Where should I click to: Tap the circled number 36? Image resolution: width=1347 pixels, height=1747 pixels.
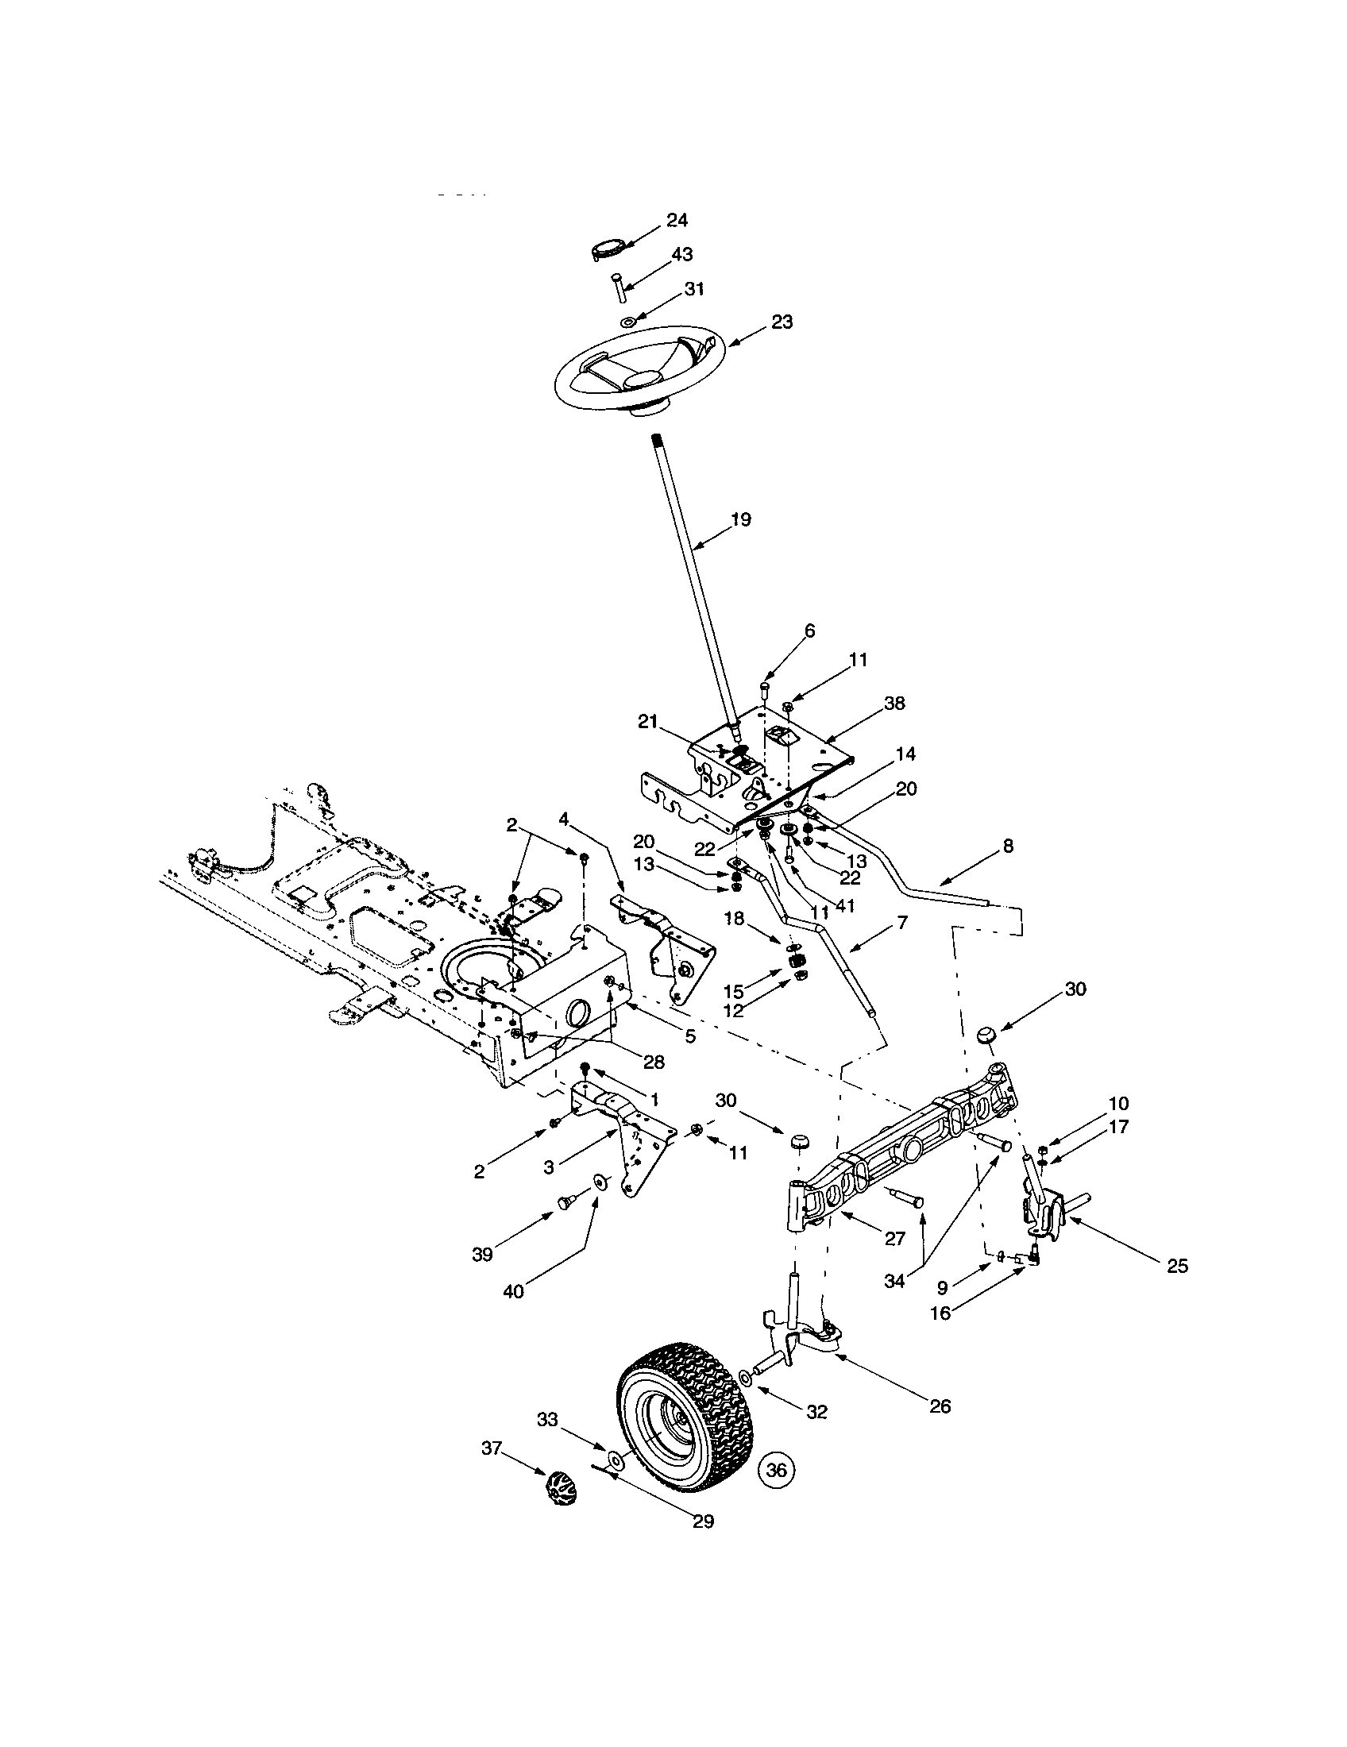click(777, 1469)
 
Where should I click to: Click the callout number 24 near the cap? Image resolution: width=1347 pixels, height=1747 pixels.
click(677, 221)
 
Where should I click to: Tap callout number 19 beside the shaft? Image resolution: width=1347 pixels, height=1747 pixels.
click(741, 519)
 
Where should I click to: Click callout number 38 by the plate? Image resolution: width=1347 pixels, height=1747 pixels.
click(894, 703)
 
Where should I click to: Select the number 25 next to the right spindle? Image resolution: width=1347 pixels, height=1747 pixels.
click(1176, 1267)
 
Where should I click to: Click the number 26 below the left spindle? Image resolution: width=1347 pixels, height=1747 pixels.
click(940, 1407)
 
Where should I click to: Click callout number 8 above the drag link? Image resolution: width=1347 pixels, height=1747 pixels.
click(1007, 846)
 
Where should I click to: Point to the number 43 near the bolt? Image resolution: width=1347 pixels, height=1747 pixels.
click(681, 254)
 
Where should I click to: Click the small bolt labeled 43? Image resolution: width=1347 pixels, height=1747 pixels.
click(619, 287)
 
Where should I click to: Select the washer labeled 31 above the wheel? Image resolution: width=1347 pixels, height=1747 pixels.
click(628, 322)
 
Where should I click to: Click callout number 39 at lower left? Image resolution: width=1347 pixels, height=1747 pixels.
click(481, 1255)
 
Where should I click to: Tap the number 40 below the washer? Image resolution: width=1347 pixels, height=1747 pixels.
click(513, 1291)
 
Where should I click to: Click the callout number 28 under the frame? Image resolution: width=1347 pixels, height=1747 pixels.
click(653, 1062)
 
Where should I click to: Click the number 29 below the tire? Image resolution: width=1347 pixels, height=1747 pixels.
click(702, 1521)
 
